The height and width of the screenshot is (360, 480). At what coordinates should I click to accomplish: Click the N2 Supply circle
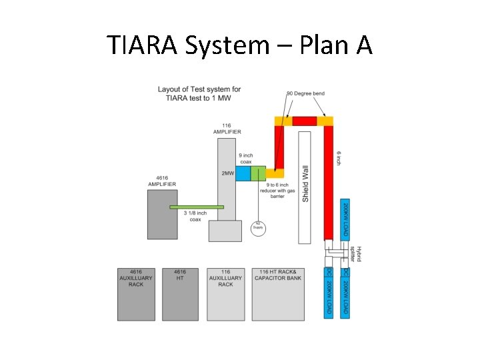[258, 227]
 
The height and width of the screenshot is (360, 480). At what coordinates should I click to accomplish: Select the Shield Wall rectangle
[305, 187]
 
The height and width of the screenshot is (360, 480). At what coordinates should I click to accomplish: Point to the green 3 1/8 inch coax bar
[197, 207]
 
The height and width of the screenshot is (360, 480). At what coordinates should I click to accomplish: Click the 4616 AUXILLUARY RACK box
[136, 294]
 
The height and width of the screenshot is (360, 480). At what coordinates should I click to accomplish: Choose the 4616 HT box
[180, 294]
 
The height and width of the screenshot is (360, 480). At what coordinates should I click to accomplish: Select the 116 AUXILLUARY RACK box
[225, 294]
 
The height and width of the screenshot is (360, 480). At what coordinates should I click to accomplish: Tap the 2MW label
[227, 173]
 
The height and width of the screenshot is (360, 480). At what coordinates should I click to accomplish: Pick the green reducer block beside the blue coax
[258, 173]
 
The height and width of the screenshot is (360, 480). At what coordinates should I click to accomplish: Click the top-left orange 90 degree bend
[283, 121]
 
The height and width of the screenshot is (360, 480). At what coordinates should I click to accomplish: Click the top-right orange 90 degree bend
[325, 121]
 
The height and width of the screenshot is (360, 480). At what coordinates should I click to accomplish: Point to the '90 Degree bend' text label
[305, 93]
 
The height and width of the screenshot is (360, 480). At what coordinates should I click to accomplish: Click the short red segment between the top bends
[304, 121]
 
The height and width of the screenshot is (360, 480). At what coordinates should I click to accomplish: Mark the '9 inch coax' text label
[245, 158]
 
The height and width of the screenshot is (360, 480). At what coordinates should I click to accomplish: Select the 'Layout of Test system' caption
[199, 93]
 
